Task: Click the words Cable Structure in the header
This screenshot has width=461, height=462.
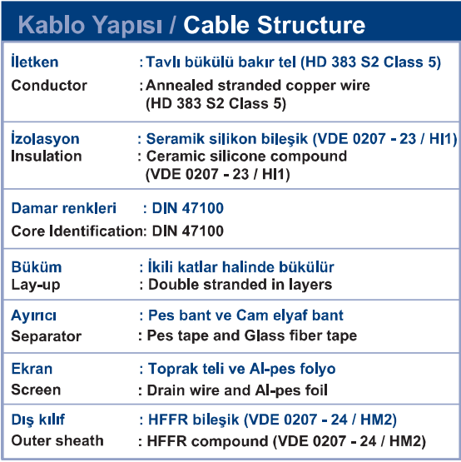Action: coord(275,25)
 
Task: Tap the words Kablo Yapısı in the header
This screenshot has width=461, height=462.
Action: coord(90,26)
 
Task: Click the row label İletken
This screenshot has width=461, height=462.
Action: coord(35,62)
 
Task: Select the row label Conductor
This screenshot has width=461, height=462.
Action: coord(49,86)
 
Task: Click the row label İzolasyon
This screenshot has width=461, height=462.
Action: coord(45,138)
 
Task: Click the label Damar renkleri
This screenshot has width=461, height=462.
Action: coord(63,208)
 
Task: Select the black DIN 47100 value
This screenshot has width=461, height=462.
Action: coord(187,231)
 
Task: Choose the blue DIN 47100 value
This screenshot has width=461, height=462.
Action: coord(187,208)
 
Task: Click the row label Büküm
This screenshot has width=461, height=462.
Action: coord(37,267)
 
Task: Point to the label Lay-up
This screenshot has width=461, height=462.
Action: coord(36,286)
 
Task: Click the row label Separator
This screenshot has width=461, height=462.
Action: coord(47,336)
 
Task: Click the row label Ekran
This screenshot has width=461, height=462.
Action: coord(32,369)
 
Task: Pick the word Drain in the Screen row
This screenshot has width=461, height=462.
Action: coord(166,390)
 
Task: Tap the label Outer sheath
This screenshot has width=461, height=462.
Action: coord(57,441)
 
